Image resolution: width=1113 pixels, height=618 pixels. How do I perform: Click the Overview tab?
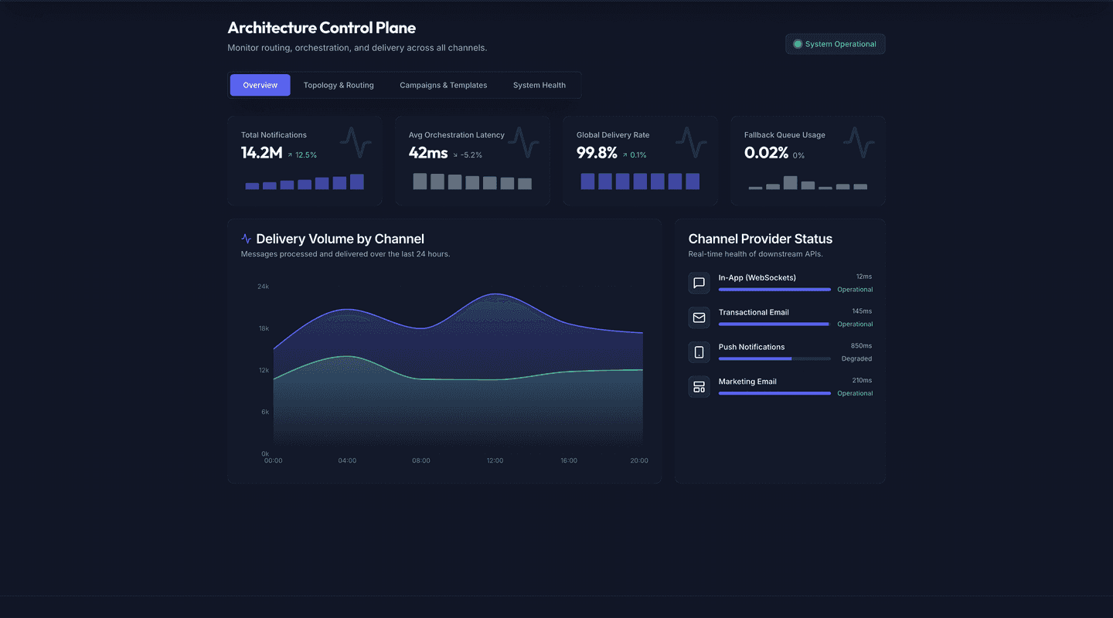pyautogui.click(x=260, y=85)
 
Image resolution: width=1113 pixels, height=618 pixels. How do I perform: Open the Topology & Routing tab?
pyautogui.click(x=339, y=85)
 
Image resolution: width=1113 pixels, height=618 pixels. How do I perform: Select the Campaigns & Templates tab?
pyautogui.click(x=443, y=85)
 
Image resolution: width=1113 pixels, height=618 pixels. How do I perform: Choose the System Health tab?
pyautogui.click(x=539, y=85)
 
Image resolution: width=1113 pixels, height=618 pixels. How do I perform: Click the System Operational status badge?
pyautogui.click(x=835, y=44)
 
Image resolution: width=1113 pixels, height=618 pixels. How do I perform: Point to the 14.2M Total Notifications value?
pyautogui.click(x=261, y=153)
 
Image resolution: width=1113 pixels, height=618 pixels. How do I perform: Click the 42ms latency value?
pyautogui.click(x=428, y=153)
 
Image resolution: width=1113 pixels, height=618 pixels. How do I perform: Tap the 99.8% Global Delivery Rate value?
pyautogui.click(x=597, y=153)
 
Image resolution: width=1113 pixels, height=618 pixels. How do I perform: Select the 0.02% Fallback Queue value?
pyautogui.click(x=766, y=153)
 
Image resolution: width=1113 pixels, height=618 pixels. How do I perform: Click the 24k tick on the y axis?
pyautogui.click(x=263, y=287)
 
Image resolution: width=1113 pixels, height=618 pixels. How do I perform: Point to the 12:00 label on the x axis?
pyautogui.click(x=495, y=460)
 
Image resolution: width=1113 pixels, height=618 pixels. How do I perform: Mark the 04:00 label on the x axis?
pyautogui.click(x=347, y=460)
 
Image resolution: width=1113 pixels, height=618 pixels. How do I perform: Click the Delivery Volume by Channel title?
pyautogui.click(x=340, y=239)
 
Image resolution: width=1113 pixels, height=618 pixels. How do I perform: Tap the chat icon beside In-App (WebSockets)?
pyautogui.click(x=699, y=283)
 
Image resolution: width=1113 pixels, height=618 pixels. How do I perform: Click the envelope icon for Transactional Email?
pyautogui.click(x=699, y=317)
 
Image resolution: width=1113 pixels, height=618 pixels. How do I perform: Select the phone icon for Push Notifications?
pyautogui.click(x=699, y=352)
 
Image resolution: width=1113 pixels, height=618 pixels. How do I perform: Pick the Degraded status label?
pyautogui.click(x=856, y=358)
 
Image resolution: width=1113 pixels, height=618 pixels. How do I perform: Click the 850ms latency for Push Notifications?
pyautogui.click(x=861, y=345)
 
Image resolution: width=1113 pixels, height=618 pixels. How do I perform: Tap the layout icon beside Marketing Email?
pyautogui.click(x=699, y=387)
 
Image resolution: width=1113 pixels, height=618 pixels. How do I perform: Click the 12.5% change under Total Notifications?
pyautogui.click(x=305, y=155)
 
